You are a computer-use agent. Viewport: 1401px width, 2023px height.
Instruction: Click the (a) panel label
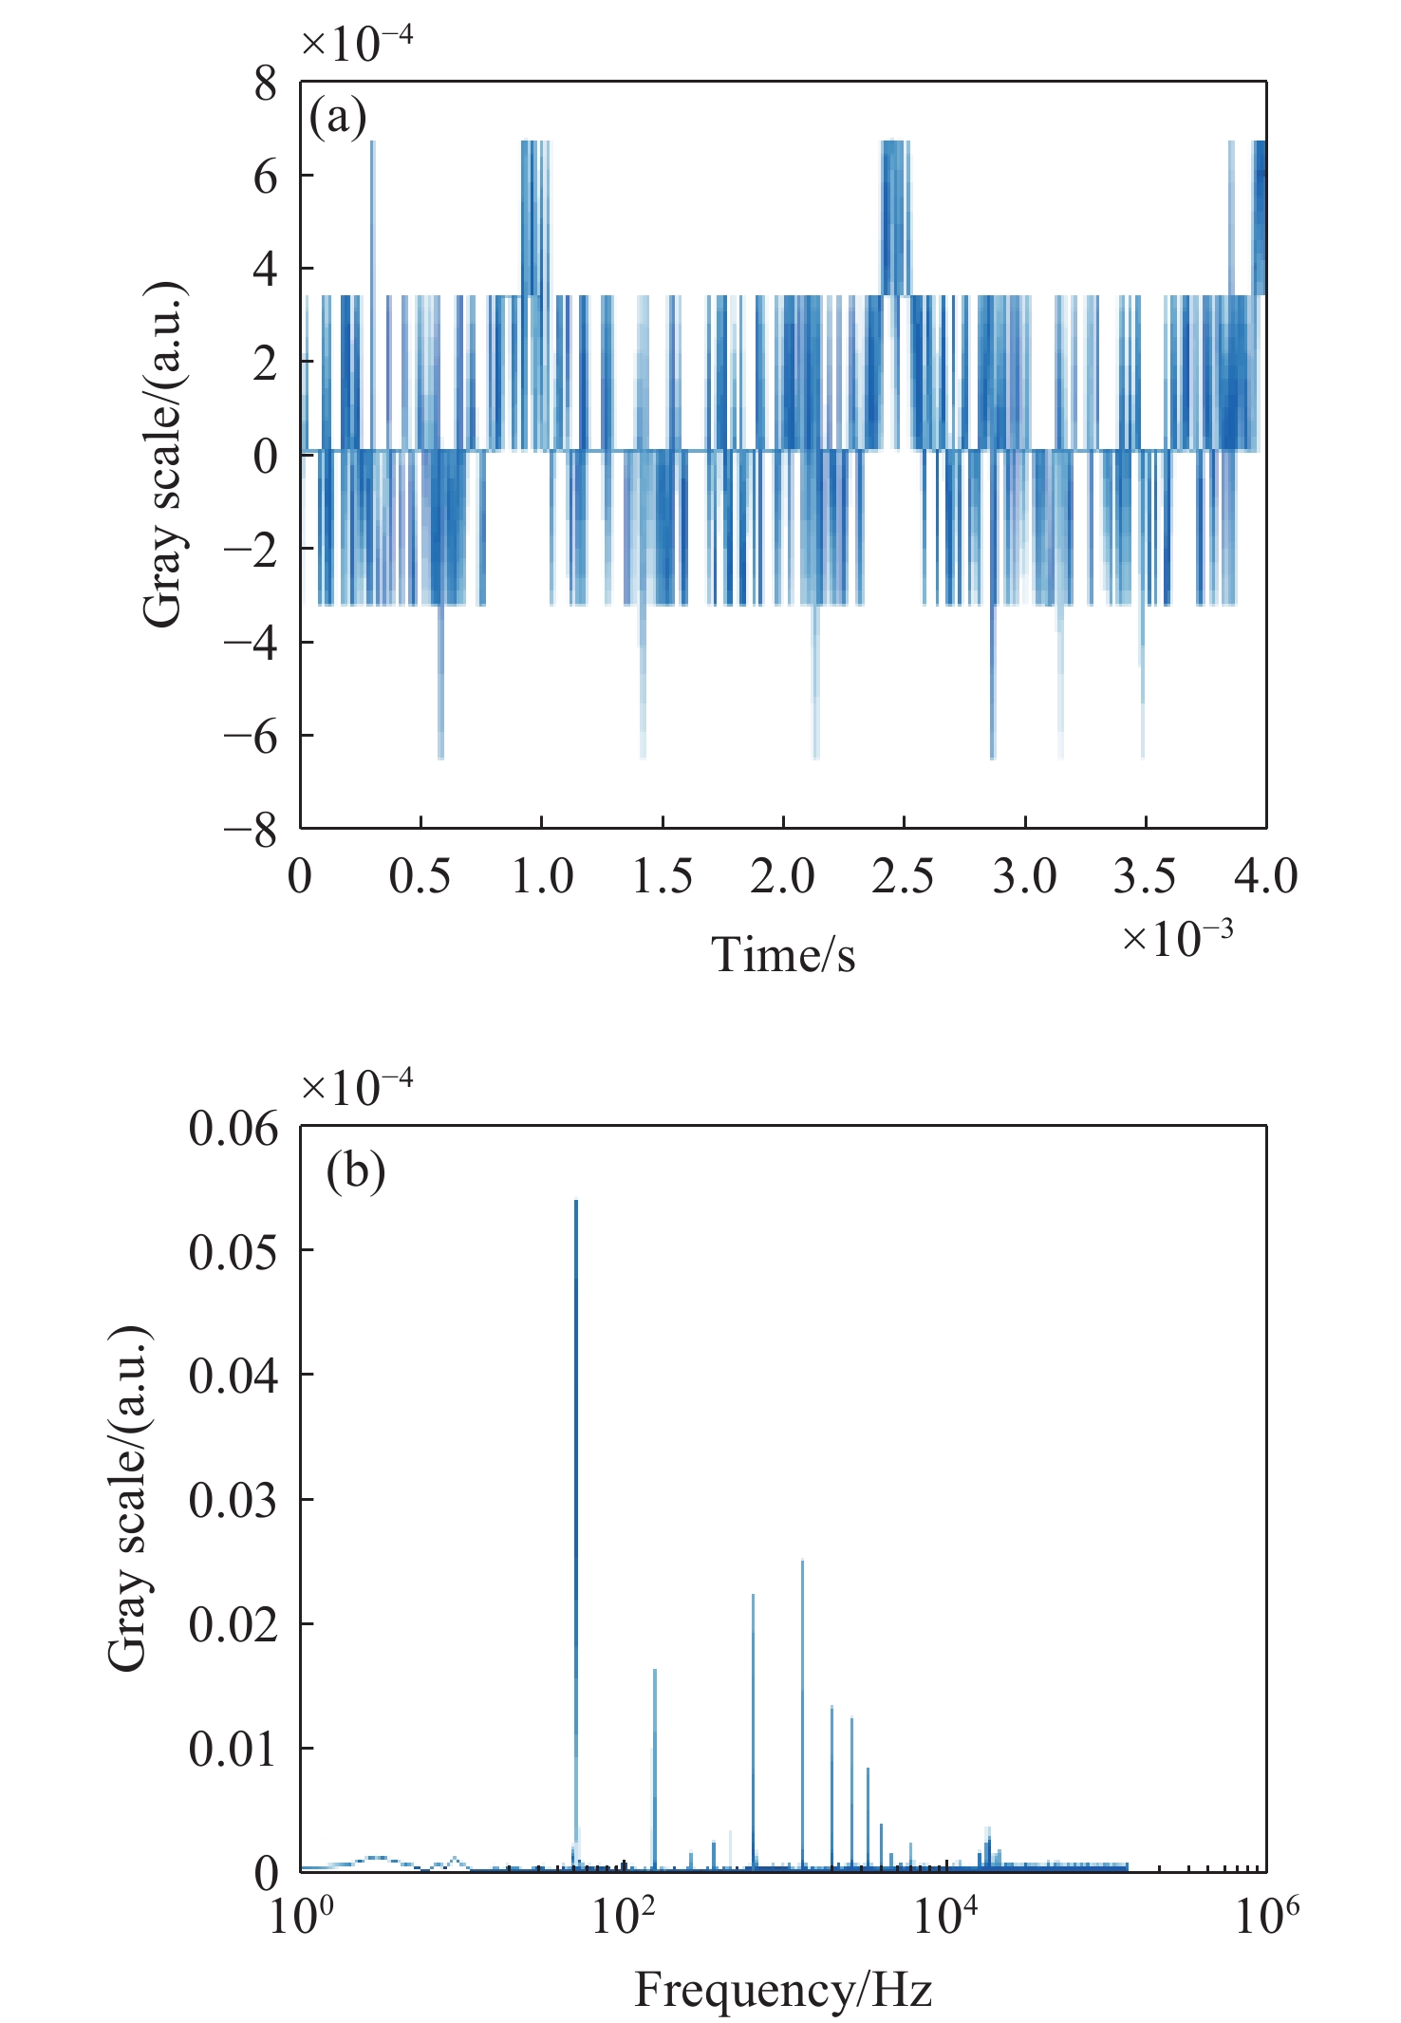[x=338, y=119]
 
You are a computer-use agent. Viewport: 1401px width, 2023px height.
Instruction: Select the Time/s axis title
[x=783, y=954]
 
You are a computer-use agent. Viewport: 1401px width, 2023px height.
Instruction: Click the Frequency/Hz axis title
[x=783, y=1989]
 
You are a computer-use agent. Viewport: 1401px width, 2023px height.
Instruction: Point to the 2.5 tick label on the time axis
[x=903, y=876]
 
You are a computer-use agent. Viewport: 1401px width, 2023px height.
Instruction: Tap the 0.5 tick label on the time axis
[x=420, y=876]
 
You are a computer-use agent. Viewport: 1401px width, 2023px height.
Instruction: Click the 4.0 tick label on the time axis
[x=1266, y=876]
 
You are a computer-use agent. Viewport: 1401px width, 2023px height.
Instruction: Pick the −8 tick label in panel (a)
[x=251, y=831]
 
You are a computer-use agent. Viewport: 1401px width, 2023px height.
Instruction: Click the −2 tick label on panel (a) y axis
[x=251, y=550]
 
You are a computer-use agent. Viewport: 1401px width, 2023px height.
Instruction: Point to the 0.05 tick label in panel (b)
[x=233, y=1251]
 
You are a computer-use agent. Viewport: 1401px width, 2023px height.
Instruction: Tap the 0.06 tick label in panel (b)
[x=233, y=1128]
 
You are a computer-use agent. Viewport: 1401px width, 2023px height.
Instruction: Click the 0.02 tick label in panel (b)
[x=233, y=1624]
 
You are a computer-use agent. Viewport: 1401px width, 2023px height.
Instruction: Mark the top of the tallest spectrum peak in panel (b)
[x=575, y=1203]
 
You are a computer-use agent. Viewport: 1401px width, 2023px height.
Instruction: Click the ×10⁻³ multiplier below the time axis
[x=1178, y=938]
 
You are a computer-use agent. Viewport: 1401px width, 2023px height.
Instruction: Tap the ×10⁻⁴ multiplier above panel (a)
[x=357, y=42]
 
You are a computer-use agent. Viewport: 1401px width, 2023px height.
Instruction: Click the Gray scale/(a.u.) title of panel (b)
[x=128, y=1497]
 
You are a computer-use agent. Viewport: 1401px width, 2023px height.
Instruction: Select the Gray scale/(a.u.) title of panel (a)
[x=163, y=455]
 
